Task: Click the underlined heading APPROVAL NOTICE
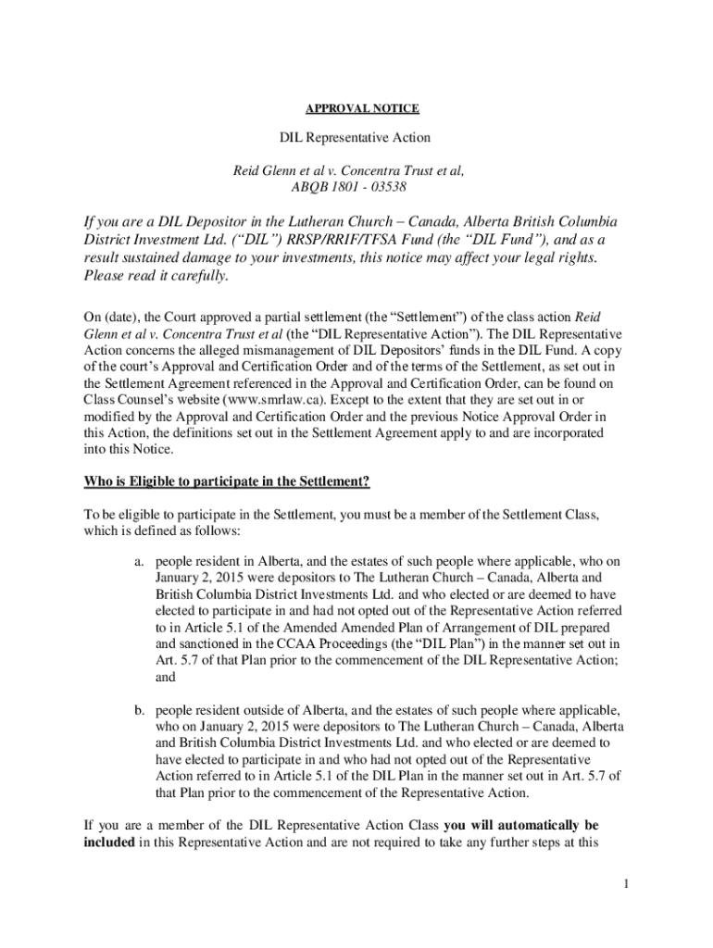click(x=356, y=109)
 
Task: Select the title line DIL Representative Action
click(x=356, y=138)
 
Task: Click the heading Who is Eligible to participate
click(x=227, y=481)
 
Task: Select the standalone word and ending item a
click(x=165, y=677)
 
